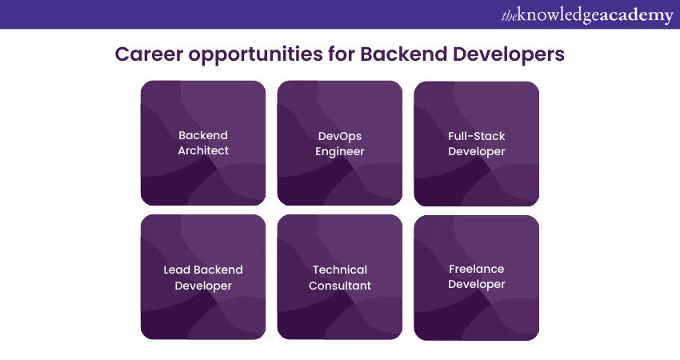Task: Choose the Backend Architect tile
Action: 202,143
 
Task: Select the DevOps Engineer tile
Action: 339,143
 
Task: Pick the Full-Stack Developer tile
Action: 476,144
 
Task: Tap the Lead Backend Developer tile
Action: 202,278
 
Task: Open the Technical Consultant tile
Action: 339,278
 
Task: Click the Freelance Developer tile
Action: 476,278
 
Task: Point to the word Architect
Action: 203,150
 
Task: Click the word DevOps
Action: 340,136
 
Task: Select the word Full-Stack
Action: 477,136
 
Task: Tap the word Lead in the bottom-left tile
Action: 177,270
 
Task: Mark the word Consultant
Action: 340,286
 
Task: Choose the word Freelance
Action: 477,270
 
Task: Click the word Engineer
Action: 340,151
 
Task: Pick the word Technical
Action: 340,270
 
